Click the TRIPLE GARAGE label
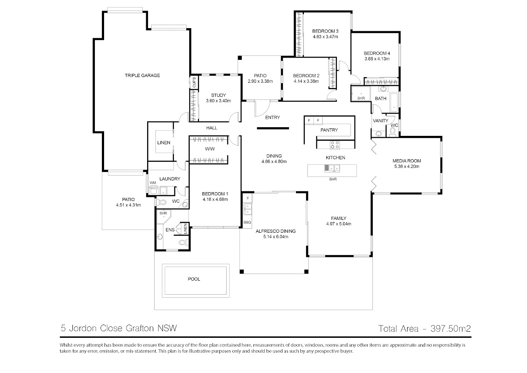pos(142,76)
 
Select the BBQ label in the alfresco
pos(247,223)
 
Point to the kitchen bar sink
pos(331,168)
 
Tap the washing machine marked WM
pos(154,190)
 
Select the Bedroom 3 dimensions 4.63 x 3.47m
pos(325,37)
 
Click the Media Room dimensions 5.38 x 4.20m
pos(407,167)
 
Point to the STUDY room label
pos(218,95)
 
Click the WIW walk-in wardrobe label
pos(209,149)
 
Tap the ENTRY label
pos(272,117)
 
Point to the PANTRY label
pos(329,130)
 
